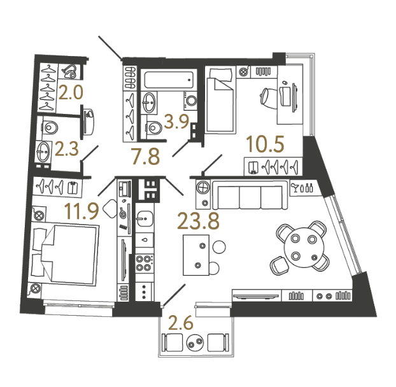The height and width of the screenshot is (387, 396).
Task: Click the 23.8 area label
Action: click(x=198, y=221)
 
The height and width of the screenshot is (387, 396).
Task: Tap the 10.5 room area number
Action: click(x=265, y=144)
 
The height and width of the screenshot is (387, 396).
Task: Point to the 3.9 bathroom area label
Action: click(x=176, y=122)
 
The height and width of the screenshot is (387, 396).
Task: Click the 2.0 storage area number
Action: click(x=71, y=92)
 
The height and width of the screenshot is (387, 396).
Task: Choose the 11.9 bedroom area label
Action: click(x=81, y=211)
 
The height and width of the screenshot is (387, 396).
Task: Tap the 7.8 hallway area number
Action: click(x=146, y=157)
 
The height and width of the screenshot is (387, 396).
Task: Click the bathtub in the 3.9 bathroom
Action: click(x=169, y=79)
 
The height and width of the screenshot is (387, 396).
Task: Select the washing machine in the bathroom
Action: click(x=190, y=101)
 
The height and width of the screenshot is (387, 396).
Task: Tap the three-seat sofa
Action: click(x=250, y=195)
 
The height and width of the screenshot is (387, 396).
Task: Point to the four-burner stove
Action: click(x=145, y=264)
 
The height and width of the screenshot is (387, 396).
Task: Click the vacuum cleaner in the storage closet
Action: click(x=69, y=71)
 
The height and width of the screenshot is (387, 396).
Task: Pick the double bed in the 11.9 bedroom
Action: click(x=64, y=255)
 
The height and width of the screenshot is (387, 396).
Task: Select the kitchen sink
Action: click(x=145, y=219)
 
